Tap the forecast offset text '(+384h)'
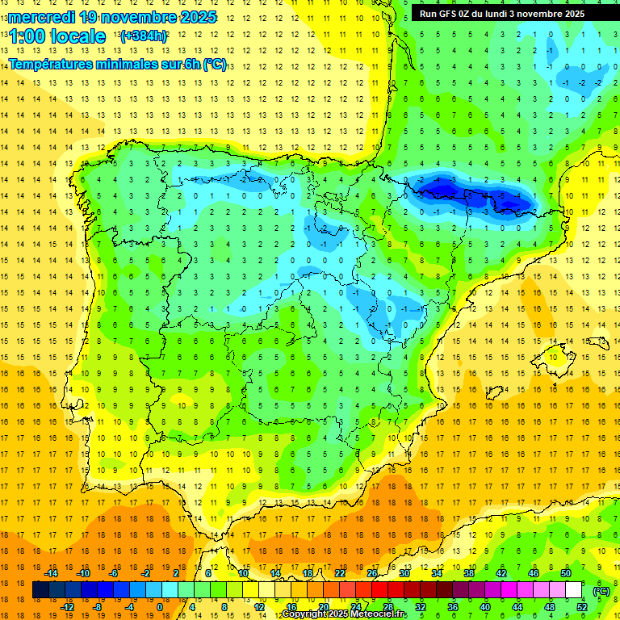point(143,36)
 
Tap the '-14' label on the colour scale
point(51,572)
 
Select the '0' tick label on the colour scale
point(159,607)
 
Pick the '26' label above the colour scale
point(372,572)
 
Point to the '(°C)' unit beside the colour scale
point(601,590)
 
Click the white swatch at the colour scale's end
point(573,590)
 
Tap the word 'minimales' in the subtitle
point(128,65)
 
